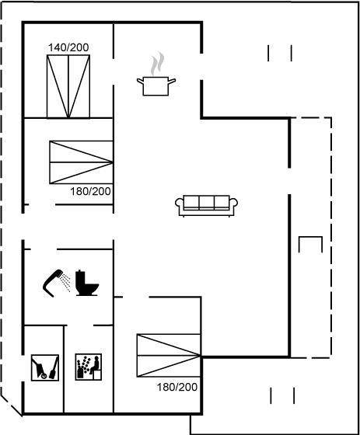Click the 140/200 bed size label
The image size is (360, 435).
point(68,47)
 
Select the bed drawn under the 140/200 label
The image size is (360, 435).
point(68,86)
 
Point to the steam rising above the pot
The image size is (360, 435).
point(157,64)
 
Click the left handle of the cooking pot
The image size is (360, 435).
point(140,82)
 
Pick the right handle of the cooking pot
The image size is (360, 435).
point(172,81)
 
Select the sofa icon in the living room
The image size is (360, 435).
point(206,206)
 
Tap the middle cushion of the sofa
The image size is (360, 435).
point(206,202)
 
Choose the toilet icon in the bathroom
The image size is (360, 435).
point(87,283)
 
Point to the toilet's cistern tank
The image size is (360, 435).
point(80,277)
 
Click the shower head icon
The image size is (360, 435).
point(53,283)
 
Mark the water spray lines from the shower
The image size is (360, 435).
point(66,282)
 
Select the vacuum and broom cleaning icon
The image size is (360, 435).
point(45,367)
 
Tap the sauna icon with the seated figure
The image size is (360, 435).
point(89,367)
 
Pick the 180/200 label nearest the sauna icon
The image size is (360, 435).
point(177,387)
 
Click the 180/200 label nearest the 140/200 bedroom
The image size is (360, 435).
point(90,191)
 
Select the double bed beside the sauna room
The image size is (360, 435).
point(169,356)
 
